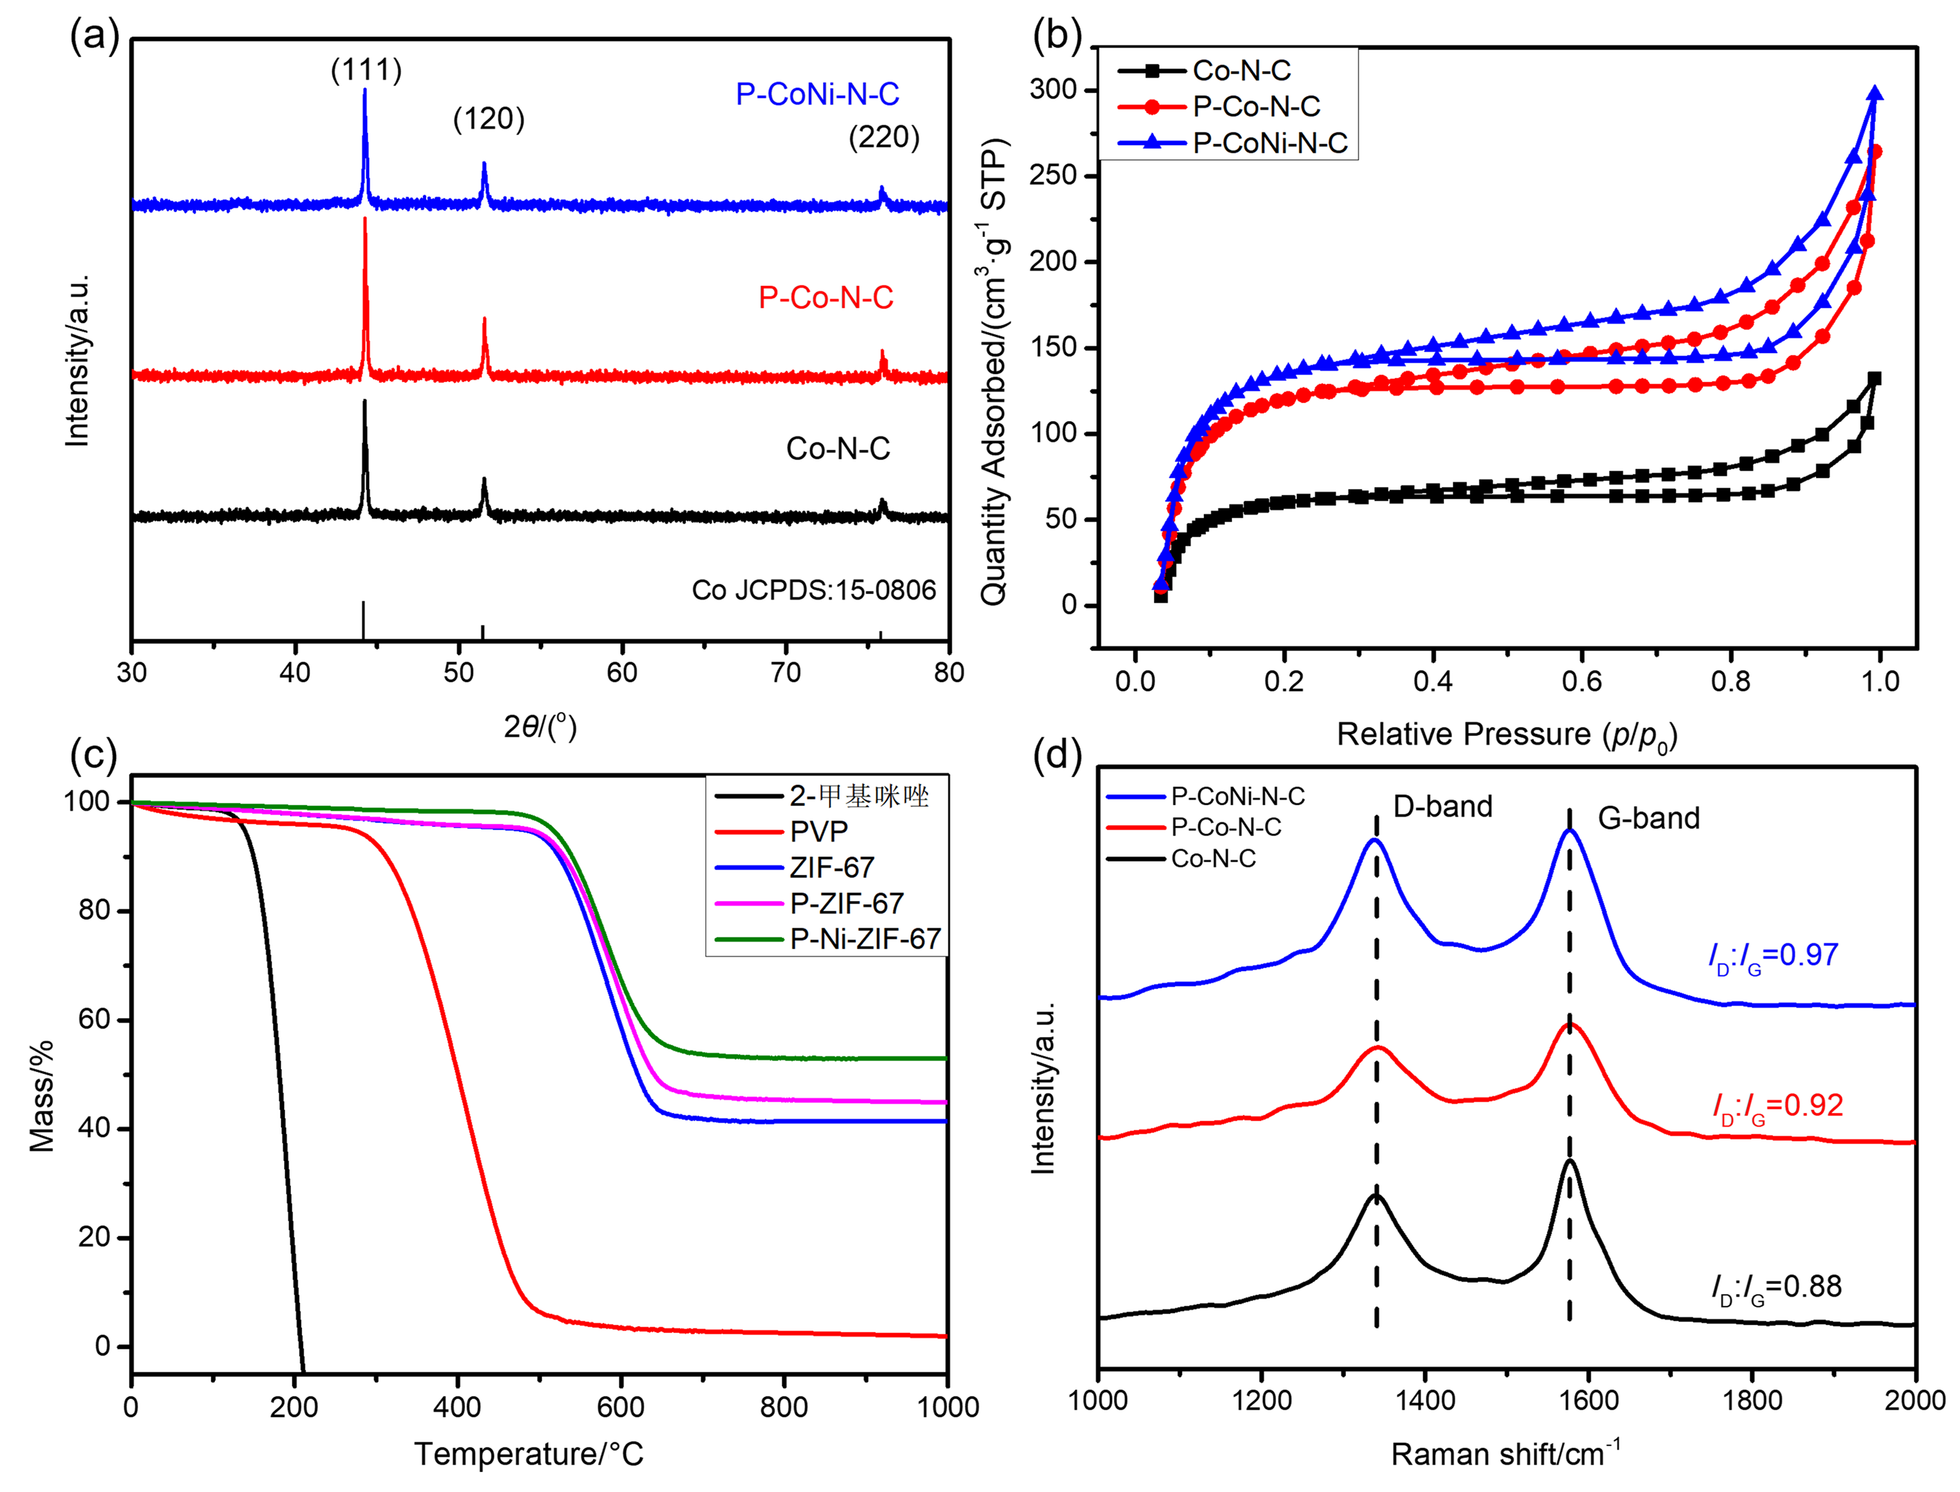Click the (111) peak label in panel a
[x=366, y=70]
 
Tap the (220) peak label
[x=884, y=137]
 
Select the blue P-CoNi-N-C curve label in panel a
[x=817, y=94]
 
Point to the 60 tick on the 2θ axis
[x=622, y=672]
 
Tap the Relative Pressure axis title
[x=1506, y=735]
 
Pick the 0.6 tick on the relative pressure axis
[x=1581, y=681]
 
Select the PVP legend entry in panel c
[x=819, y=831]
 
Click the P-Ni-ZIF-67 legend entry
[x=865, y=939]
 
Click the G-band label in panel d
[x=1648, y=818]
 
